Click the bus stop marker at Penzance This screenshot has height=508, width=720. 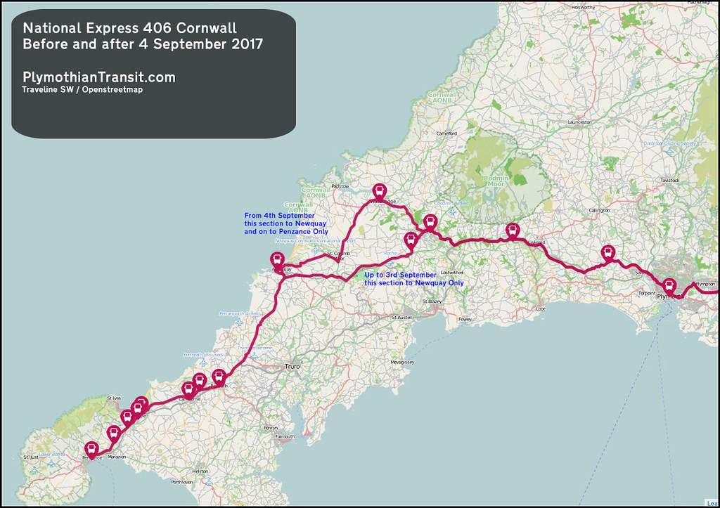point(91,450)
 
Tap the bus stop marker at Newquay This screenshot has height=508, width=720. point(278,261)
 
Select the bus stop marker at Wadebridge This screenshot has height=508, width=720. point(379,192)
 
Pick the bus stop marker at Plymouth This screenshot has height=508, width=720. point(669,287)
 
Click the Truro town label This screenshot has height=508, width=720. point(292,367)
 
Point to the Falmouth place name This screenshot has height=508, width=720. point(285,436)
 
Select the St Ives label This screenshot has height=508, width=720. point(115,398)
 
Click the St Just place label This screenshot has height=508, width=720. point(30,457)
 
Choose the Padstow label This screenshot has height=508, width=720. point(340,186)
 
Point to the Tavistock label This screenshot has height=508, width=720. point(669,181)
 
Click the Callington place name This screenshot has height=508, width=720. point(599,210)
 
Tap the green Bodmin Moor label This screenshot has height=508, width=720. point(496,181)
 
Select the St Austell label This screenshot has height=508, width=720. point(404,318)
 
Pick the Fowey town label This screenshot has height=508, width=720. point(465,319)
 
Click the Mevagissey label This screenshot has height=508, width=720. point(403,362)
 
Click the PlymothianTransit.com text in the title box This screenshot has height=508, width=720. point(99,77)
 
